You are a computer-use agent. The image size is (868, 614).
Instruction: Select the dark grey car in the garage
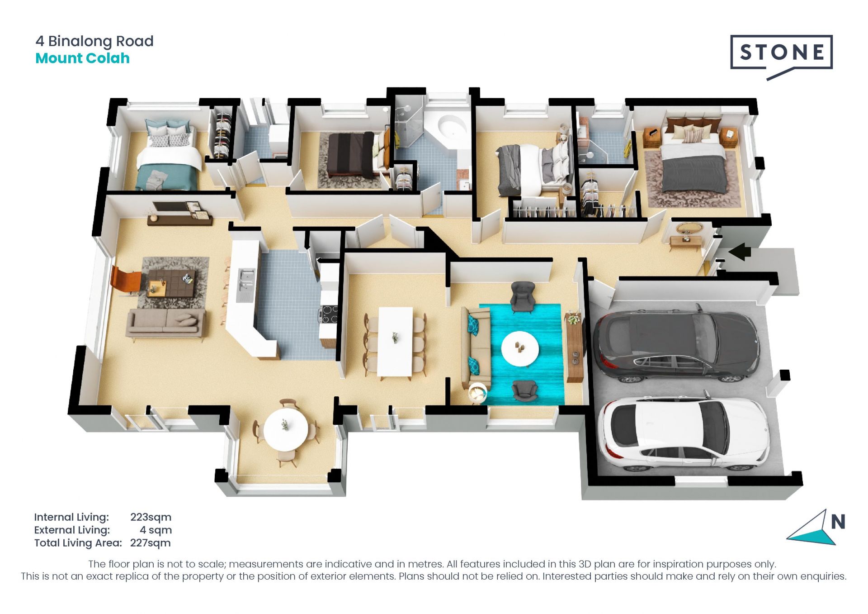(676, 343)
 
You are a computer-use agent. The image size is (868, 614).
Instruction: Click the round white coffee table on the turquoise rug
(520, 349)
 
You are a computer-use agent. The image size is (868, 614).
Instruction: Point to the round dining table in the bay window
(286, 429)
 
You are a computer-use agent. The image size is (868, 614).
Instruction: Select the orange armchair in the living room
(125, 279)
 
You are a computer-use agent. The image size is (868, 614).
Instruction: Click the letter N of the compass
(838, 522)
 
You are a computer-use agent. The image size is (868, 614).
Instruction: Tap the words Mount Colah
(82, 58)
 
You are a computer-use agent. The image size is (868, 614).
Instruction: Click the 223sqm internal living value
(151, 517)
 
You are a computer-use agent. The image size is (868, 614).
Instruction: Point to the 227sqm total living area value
(150, 543)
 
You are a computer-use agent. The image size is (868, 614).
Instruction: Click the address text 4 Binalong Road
(94, 41)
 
